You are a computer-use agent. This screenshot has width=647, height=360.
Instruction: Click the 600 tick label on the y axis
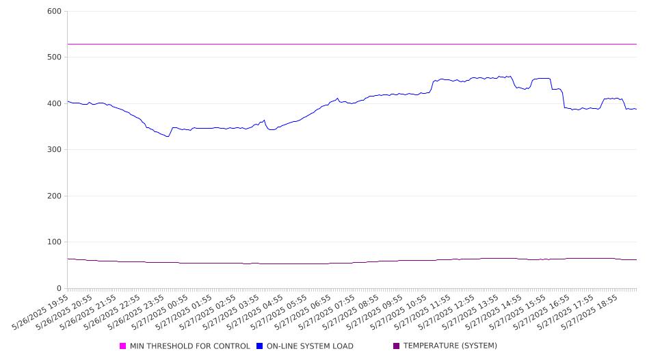click(54, 11)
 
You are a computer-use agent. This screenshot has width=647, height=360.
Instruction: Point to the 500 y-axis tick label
click(54, 57)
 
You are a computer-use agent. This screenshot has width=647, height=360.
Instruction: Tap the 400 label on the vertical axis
click(54, 103)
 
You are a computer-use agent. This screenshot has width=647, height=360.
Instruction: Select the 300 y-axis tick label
click(54, 149)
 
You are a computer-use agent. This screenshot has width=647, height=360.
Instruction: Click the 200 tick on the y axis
click(54, 196)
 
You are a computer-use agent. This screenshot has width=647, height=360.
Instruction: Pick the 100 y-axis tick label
click(54, 242)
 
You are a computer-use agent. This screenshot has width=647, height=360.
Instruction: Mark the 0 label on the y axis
click(59, 288)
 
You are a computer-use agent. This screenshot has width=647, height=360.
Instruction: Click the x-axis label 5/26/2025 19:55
click(40, 313)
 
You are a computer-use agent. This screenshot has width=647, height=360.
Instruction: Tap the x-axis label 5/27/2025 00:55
click(160, 313)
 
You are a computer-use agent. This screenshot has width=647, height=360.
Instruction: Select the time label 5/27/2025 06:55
click(303, 313)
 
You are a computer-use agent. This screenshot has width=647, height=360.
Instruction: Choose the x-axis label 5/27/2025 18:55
click(590, 313)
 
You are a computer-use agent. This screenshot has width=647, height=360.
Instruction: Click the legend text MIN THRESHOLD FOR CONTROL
click(190, 346)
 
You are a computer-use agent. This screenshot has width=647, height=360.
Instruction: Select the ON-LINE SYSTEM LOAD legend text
click(310, 346)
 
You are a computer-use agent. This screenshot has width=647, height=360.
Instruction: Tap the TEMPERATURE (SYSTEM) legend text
click(450, 346)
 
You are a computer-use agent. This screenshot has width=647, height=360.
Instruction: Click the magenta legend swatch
click(122, 346)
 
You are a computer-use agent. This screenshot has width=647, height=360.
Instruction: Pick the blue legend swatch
click(259, 346)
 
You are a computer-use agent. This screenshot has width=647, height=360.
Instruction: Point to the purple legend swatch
click(397, 346)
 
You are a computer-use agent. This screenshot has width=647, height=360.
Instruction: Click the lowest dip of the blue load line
click(168, 136)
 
